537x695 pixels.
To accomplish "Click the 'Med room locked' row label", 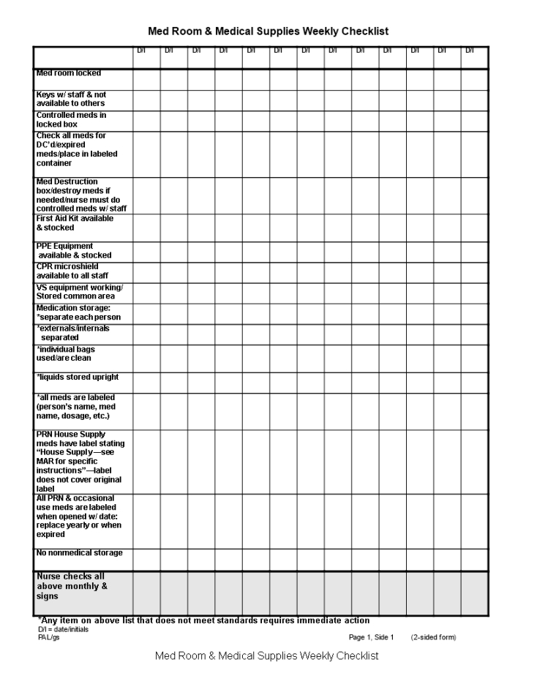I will [69, 73].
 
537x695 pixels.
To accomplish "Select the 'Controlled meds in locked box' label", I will [72, 120].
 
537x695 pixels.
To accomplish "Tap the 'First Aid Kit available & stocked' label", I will [75, 223].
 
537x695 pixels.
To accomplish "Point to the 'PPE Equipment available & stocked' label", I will [74, 251].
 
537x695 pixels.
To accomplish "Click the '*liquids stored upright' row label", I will [77, 377].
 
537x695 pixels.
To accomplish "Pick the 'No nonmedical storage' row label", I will [79, 553].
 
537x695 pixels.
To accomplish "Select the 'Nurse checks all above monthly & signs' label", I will [72, 586].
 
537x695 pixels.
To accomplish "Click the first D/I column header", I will [146, 50].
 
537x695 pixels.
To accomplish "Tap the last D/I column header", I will [474, 50].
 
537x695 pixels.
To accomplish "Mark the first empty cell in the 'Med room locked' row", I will [146, 79].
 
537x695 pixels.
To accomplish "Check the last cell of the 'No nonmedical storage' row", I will [474, 560].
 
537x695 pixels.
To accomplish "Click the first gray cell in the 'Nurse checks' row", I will [146, 593].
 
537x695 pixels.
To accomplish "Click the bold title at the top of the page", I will [268, 31].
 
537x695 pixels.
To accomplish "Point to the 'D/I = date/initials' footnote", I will [64, 630].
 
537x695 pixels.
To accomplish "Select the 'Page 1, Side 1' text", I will [371, 637].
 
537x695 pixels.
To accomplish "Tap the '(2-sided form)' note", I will [433, 637].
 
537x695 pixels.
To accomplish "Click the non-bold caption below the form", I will [267, 655].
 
